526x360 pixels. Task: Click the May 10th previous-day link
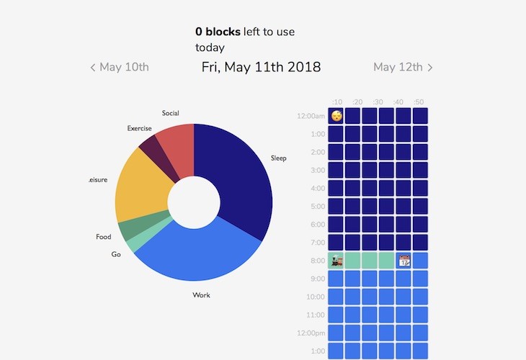120,67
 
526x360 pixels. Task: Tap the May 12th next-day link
403,67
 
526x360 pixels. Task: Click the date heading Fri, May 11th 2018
261,67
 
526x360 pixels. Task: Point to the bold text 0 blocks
218,32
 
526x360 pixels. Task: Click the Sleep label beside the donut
278,158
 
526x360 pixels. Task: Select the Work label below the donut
201,295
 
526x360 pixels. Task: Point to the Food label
103,237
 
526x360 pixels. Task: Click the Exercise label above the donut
139,128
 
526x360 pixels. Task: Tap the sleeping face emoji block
336,116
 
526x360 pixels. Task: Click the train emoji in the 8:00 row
336,261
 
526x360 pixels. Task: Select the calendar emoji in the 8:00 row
404,261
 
